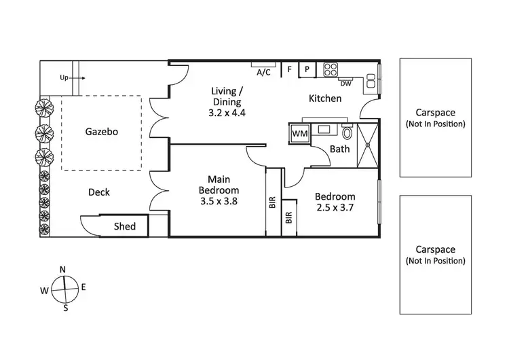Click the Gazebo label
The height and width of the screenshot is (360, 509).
[x=102, y=132]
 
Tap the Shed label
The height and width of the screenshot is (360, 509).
[x=125, y=227]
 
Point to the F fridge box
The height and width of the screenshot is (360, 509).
[x=290, y=69]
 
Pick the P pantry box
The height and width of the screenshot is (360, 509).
[x=307, y=69]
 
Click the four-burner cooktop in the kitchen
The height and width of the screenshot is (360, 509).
[x=331, y=69]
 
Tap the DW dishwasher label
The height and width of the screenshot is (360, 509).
[x=345, y=84]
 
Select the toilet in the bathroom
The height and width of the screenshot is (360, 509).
[x=348, y=133]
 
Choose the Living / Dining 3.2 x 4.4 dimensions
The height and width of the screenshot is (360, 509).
[x=227, y=113]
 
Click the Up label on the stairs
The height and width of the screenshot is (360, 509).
[x=64, y=78]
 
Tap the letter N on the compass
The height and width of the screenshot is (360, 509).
[x=62, y=270]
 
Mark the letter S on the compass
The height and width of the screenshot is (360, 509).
[x=66, y=308]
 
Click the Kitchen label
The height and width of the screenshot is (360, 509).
[x=325, y=99]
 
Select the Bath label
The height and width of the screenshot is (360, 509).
[x=339, y=149]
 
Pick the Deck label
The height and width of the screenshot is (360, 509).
[x=99, y=192]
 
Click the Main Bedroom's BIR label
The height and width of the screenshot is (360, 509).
[x=271, y=202]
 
